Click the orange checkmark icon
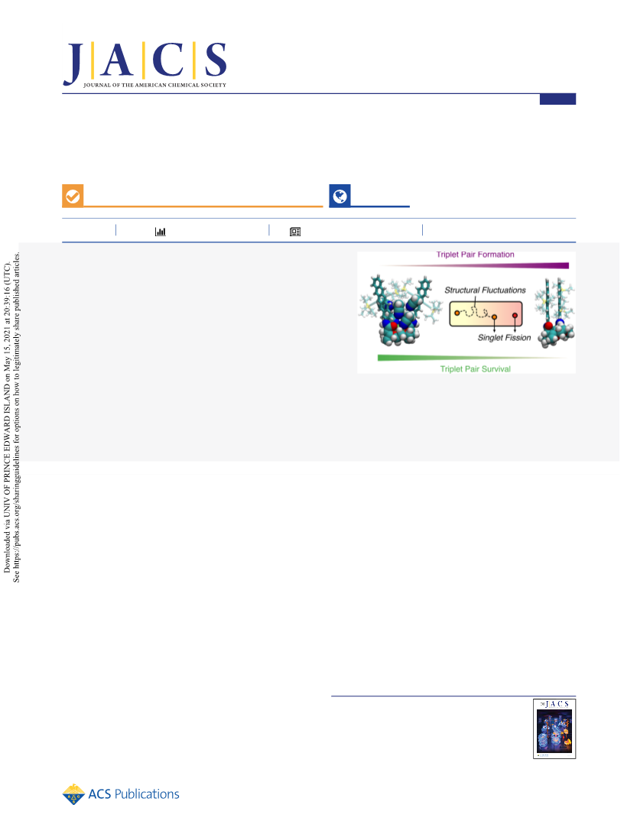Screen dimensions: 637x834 (x=73, y=196)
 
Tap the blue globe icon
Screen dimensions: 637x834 (x=340, y=196)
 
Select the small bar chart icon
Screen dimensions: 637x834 (x=160, y=232)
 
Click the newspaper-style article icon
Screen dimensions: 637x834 (x=295, y=232)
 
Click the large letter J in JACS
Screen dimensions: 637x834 (x=73, y=63)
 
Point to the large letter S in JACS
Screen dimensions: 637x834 (x=216, y=60)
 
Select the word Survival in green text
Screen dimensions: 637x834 (x=496, y=368)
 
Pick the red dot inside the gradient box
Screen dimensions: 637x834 (x=515, y=316)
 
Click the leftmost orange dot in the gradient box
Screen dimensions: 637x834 (x=457, y=313)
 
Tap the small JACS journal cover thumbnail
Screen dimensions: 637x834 (x=554, y=729)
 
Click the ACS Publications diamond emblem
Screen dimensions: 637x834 (x=73, y=794)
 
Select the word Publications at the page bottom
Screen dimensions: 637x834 (x=147, y=794)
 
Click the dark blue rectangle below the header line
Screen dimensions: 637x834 (x=557, y=99)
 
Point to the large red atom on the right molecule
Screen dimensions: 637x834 (x=548, y=326)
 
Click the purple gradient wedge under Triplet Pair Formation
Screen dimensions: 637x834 (x=473, y=265)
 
